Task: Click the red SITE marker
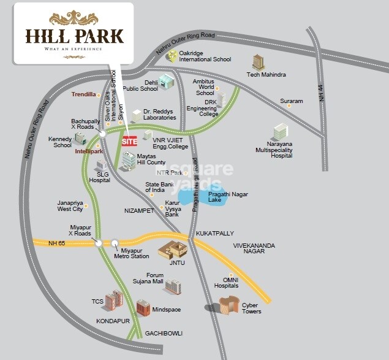[129, 140]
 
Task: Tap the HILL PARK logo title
[74, 35]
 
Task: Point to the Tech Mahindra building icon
[259, 62]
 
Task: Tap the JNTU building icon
[172, 249]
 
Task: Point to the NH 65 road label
[57, 244]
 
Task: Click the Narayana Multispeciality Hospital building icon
[281, 131]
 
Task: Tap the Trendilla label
[83, 94]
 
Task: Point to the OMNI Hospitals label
[226, 283]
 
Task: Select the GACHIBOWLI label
[164, 333]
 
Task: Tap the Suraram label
[292, 101]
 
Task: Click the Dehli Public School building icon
[166, 81]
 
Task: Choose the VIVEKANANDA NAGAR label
[254, 248]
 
